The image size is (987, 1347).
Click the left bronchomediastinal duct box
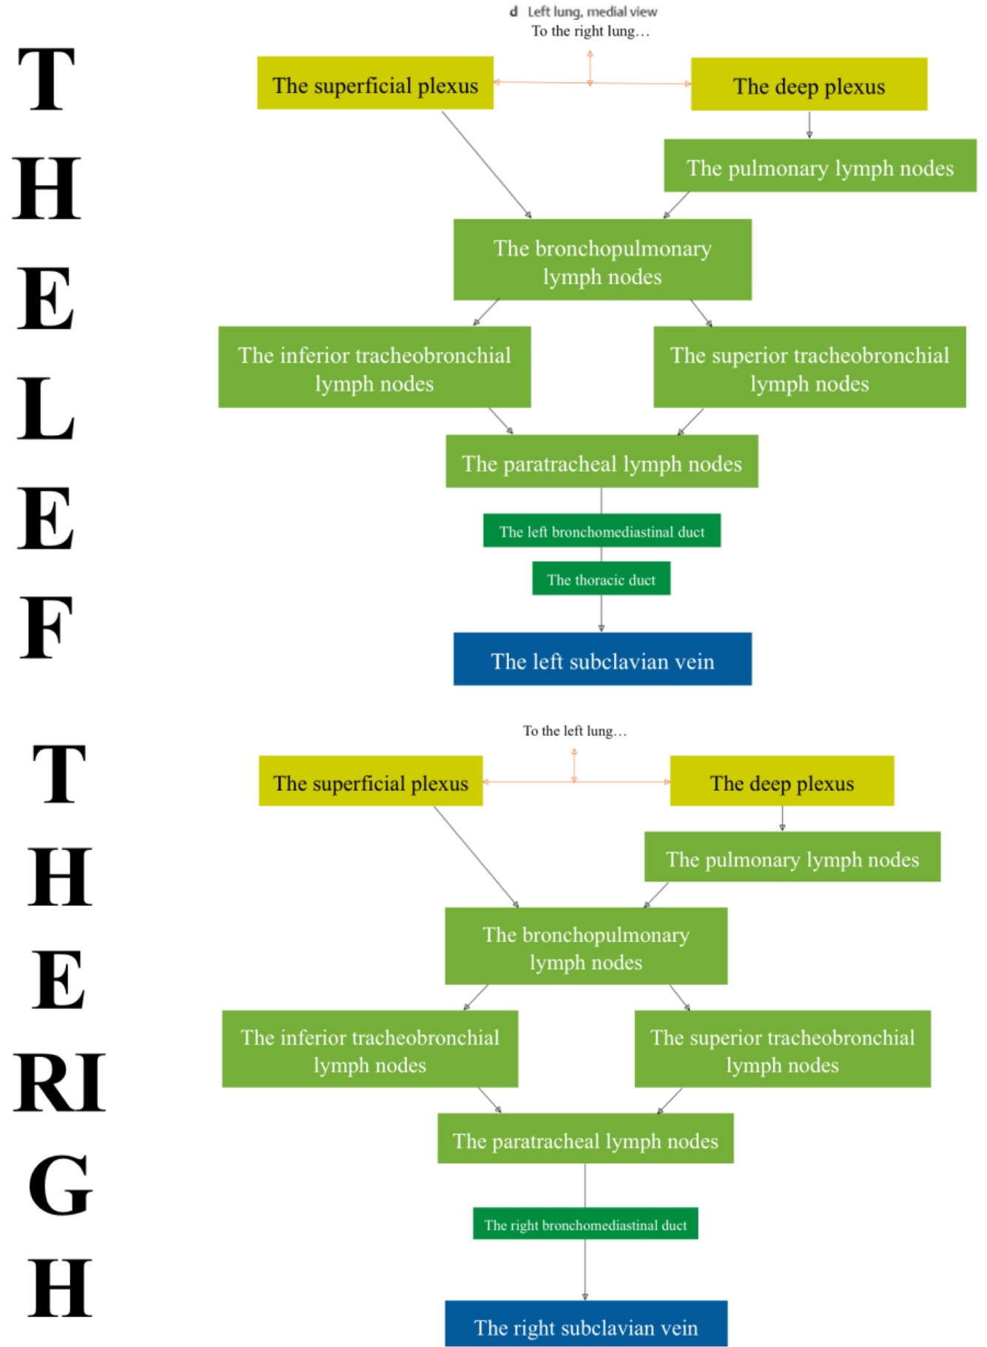(x=602, y=531)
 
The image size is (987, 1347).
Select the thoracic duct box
(x=601, y=579)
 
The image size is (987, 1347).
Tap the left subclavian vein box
(x=602, y=659)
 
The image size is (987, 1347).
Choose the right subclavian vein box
(x=585, y=1326)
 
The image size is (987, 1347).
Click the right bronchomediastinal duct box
(x=585, y=1224)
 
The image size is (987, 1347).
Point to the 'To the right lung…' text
(x=590, y=31)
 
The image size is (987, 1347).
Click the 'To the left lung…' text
(x=575, y=731)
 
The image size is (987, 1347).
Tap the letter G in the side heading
(x=61, y=1186)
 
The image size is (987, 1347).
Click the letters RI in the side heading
(x=59, y=1082)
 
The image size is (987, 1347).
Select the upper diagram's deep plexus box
(x=809, y=85)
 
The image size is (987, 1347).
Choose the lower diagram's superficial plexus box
(x=371, y=781)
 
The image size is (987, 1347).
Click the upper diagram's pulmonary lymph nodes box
(x=820, y=166)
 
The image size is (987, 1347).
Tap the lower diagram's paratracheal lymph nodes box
(x=585, y=1139)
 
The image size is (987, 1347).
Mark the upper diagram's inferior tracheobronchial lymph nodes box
(x=374, y=368)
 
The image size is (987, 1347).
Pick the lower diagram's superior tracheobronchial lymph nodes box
(x=782, y=1049)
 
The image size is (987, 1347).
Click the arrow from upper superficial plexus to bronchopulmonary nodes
(x=486, y=164)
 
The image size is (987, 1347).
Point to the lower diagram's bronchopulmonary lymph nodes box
(x=586, y=947)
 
